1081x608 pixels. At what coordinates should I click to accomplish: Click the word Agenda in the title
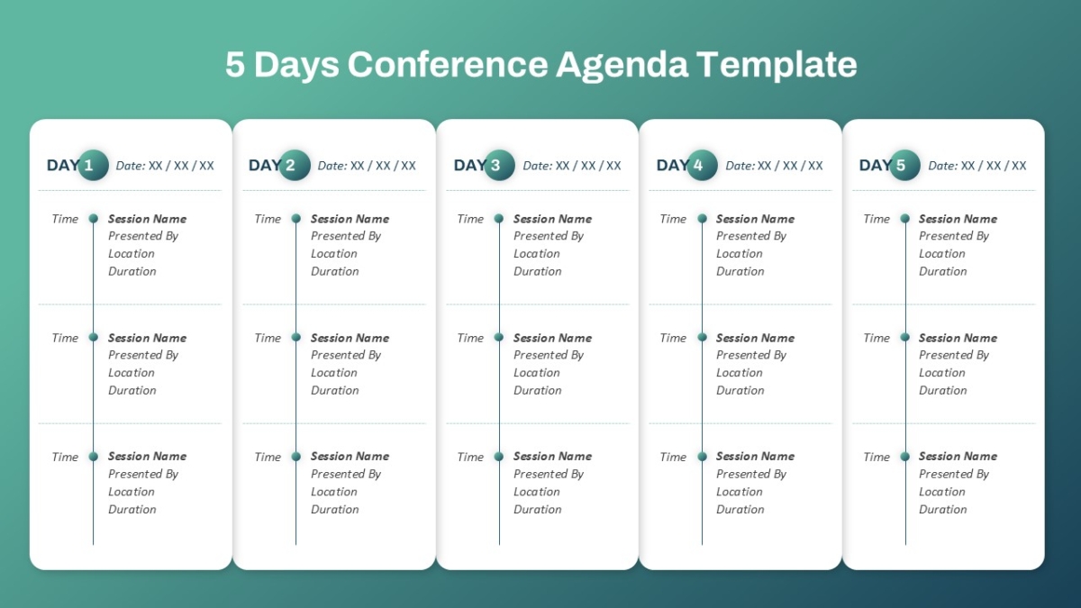click(622, 65)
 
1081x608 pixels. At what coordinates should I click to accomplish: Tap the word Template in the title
click(777, 64)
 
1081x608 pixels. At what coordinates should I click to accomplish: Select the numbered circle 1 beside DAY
click(93, 165)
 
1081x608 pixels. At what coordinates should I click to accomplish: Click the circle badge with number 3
click(499, 165)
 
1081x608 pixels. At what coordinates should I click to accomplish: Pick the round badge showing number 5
click(904, 165)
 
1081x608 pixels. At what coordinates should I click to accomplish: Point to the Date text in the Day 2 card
click(367, 166)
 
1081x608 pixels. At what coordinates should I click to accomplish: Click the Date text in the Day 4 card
click(774, 166)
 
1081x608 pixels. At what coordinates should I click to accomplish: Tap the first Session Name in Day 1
click(147, 219)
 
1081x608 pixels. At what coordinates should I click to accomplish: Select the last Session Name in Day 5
click(958, 456)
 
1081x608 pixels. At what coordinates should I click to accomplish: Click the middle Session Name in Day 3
click(552, 338)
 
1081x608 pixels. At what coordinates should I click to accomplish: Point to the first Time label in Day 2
click(268, 219)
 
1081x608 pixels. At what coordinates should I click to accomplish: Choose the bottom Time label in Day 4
click(673, 457)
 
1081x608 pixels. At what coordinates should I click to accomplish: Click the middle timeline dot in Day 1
click(94, 337)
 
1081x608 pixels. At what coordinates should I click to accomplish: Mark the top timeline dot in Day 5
click(905, 219)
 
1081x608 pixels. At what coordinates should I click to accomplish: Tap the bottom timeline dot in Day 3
click(499, 457)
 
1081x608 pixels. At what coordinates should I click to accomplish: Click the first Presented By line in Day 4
click(751, 236)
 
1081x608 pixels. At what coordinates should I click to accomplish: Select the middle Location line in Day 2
click(334, 373)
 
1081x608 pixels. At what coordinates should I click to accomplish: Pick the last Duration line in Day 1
click(132, 509)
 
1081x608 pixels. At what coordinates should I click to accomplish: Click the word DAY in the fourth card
click(672, 165)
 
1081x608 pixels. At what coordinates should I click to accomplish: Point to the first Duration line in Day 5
click(943, 271)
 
